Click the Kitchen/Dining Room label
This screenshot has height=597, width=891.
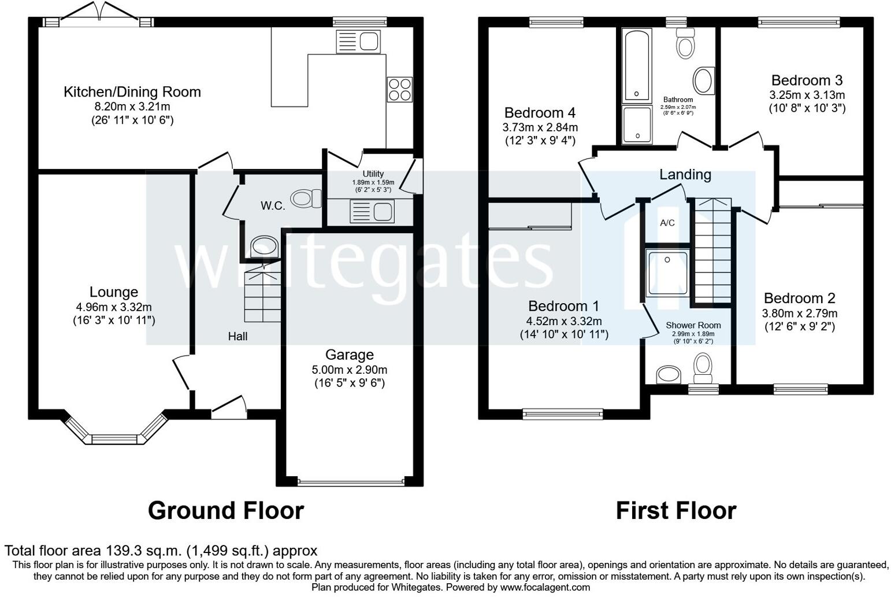132,92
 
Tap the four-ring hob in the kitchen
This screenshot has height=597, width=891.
399,89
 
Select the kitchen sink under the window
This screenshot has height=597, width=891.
358,42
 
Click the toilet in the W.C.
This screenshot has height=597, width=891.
306,198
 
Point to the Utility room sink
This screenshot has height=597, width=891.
372,211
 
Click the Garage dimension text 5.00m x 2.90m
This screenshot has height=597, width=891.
349,370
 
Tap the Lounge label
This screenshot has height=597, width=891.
114,292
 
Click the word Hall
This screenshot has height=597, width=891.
237,337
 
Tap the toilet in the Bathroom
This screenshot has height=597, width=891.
685,43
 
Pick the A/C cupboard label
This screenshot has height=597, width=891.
667,223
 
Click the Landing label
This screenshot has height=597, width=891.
685,175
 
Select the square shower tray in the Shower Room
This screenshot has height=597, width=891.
667,273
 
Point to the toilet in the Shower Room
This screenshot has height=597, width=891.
703,369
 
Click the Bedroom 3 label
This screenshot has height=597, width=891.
807,80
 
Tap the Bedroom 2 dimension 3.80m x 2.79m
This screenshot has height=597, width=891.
800,314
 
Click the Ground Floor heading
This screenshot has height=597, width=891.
226,511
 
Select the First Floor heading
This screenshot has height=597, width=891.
676,511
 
